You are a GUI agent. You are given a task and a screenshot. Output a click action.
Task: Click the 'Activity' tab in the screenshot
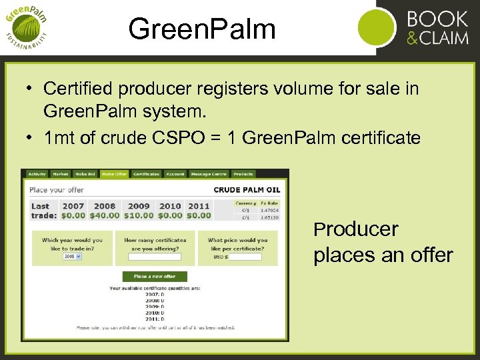pyautogui.click(x=37, y=174)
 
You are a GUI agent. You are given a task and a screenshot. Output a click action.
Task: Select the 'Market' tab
pyautogui.click(x=61, y=174)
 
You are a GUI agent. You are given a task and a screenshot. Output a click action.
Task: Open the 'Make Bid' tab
pyautogui.click(x=85, y=174)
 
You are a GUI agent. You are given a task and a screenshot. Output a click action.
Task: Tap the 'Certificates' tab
pyautogui.click(x=146, y=174)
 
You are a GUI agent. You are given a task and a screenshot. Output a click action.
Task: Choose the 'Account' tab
pyautogui.click(x=175, y=174)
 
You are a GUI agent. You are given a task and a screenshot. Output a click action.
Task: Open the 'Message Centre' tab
pyautogui.click(x=209, y=174)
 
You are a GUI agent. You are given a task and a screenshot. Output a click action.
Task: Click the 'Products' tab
pyautogui.click(x=243, y=174)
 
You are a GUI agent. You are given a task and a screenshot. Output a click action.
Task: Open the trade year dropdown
pyautogui.click(x=72, y=256)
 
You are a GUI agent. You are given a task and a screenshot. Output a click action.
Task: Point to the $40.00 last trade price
pyautogui.click(x=104, y=215)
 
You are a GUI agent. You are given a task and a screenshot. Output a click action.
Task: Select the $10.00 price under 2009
pyautogui.click(x=139, y=215)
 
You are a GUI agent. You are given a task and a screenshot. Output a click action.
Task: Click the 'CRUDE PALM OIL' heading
pyautogui.click(x=247, y=190)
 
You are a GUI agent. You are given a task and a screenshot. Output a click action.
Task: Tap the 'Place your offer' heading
pyautogui.click(x=57, y=190)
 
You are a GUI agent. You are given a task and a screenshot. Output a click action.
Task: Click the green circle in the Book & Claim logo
pyautogui.click(x=377, y=28)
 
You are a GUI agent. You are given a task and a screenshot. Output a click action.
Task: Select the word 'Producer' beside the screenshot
pyautogui.click(x=356, y=229)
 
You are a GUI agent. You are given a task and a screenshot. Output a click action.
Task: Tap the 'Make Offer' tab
pyautogui.click(x=114, y=174)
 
